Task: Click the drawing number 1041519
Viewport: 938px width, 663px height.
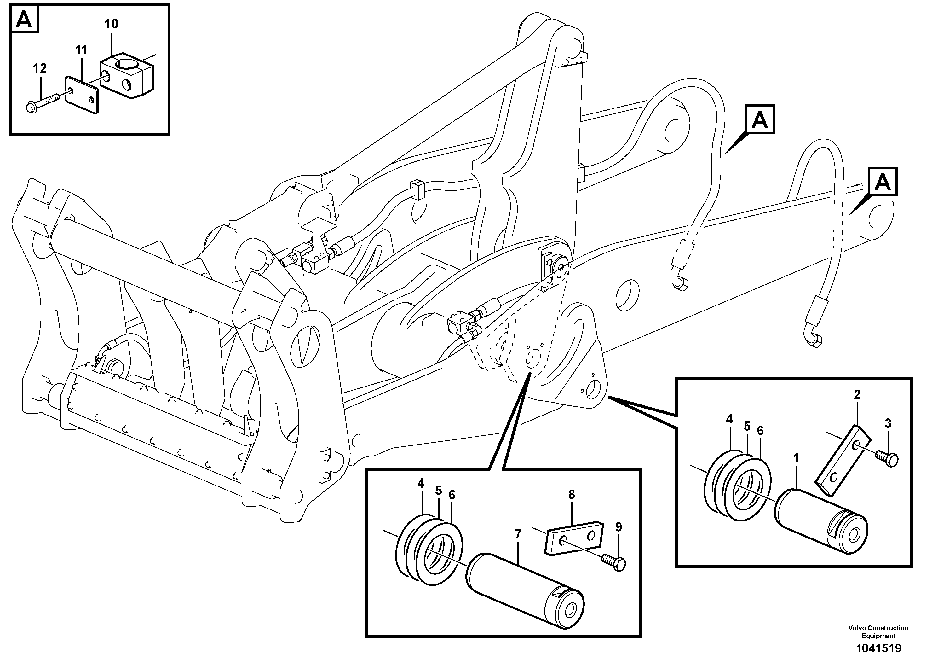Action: [x=878, y=648]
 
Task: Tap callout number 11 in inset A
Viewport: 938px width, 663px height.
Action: [x=81, y=50]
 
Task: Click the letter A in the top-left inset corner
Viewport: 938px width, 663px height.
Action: [x=24, y=20]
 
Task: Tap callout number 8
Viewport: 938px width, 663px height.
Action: [x=571, y=495]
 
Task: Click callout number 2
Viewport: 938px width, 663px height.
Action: [x=857, y=394]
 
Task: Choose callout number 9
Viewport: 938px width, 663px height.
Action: [x=619, y=527]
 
